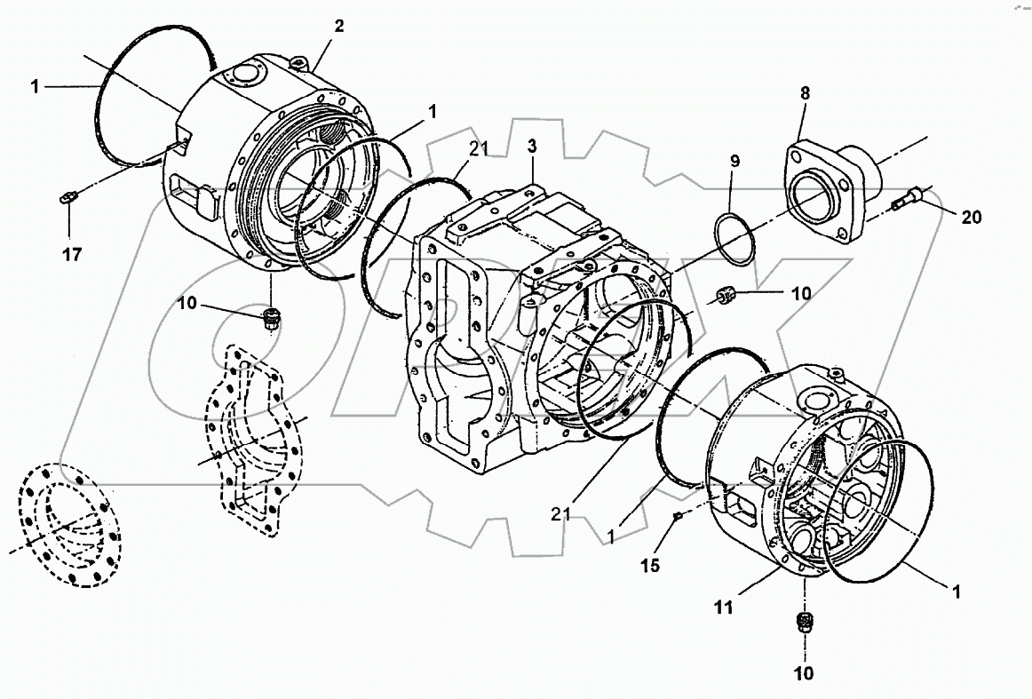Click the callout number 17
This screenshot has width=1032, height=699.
point(72,255)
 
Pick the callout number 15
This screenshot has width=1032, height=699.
point(651,564)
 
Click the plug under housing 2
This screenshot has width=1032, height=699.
point(273,316)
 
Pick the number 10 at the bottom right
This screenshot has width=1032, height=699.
point(803,674)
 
